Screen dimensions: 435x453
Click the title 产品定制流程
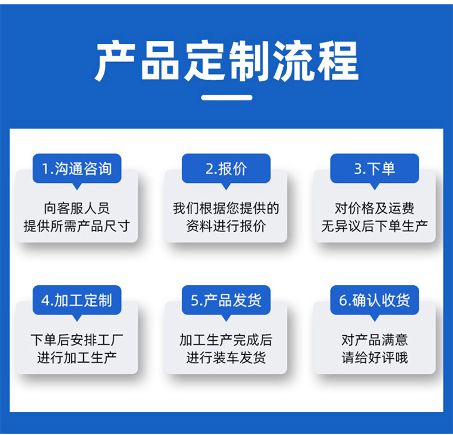click(x=226, y=61)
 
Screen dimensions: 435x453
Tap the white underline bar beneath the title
click(x=226, y=98)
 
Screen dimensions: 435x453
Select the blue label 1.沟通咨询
click(x=77, y=168)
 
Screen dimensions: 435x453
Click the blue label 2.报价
click(x=226, y=168)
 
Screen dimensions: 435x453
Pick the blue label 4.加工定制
click(x=77, y=300)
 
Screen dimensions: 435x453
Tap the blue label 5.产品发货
click(x=226, y=300)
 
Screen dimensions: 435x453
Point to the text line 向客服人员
click(x=77, y=208)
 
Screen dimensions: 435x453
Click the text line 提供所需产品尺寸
click(x=77, y=226)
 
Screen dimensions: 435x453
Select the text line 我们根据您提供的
click(x=226, y=208)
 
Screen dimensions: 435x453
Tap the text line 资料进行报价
click(x=226, y=226)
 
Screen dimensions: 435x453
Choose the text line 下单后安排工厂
click(x=77, y=340)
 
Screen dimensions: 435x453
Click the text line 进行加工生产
click(x=77, y=358)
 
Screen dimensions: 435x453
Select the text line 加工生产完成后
click(x=226, y=340)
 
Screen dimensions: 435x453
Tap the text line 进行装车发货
click(x=226, y=358)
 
